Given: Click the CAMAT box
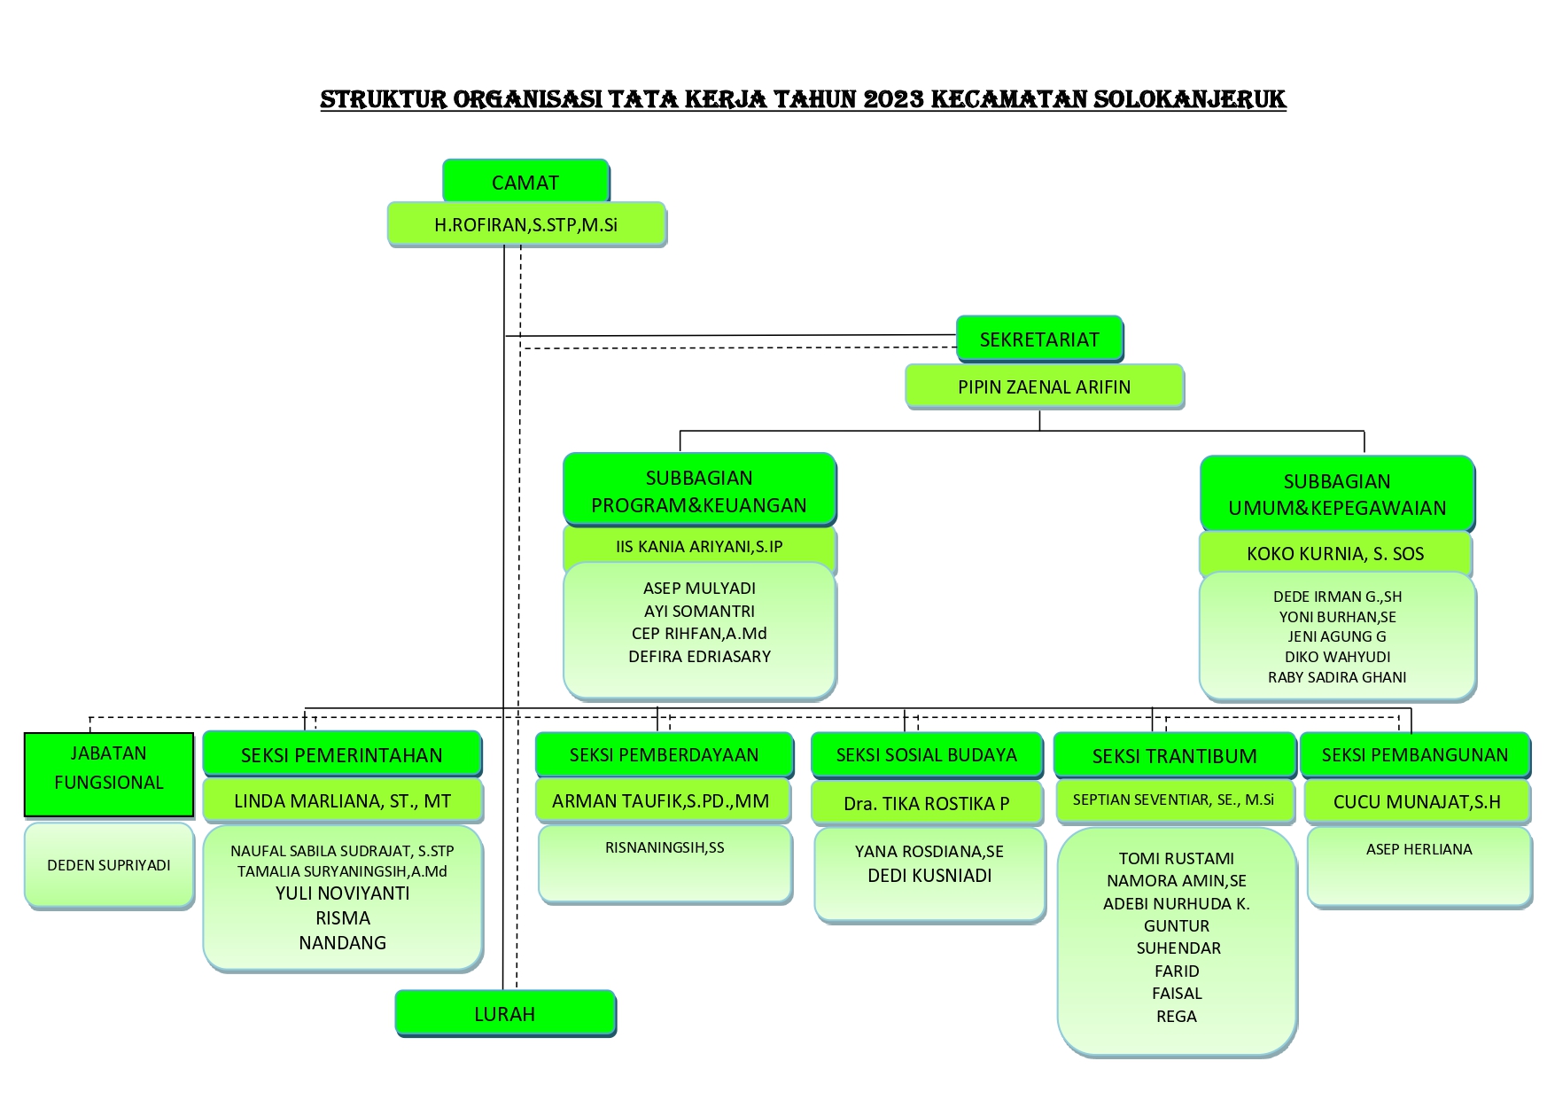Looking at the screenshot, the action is click(x=525, y=182).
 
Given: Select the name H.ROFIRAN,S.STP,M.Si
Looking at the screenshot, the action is click(x=525, y=225).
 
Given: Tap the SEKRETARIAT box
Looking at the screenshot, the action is click(x=1039, y=339).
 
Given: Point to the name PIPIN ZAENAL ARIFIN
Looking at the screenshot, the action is click(x=1044, y=387).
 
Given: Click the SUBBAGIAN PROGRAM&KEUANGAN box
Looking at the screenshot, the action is click(x=699, y=490).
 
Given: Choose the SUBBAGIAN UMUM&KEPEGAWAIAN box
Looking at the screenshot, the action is click(x=1337, y=494).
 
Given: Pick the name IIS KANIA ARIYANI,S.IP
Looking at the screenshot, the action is click(x=699, y=547).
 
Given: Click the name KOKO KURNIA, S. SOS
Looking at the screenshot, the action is click(x=1335, y=554).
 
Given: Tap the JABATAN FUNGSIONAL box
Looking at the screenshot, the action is click(x=109, y=775).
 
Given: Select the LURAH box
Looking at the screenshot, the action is click(x=505, y=1013).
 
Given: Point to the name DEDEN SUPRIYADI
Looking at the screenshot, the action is click(x=109, y=865).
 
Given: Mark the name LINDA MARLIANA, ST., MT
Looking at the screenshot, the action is click(x=342, y=801).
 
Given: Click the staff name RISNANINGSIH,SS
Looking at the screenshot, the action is click(x=665, y=848).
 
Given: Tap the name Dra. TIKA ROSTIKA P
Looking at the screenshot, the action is click(x=927, y=804).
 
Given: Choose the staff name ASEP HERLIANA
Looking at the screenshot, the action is click(x=1419, y=849).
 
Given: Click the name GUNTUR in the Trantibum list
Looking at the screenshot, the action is click(x=1177, y=926).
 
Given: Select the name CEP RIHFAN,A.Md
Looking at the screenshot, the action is click(x=699, y=634).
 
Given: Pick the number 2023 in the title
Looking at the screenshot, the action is click(x=892, y=99).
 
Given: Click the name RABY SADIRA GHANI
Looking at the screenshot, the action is click(x=1337, y=677).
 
